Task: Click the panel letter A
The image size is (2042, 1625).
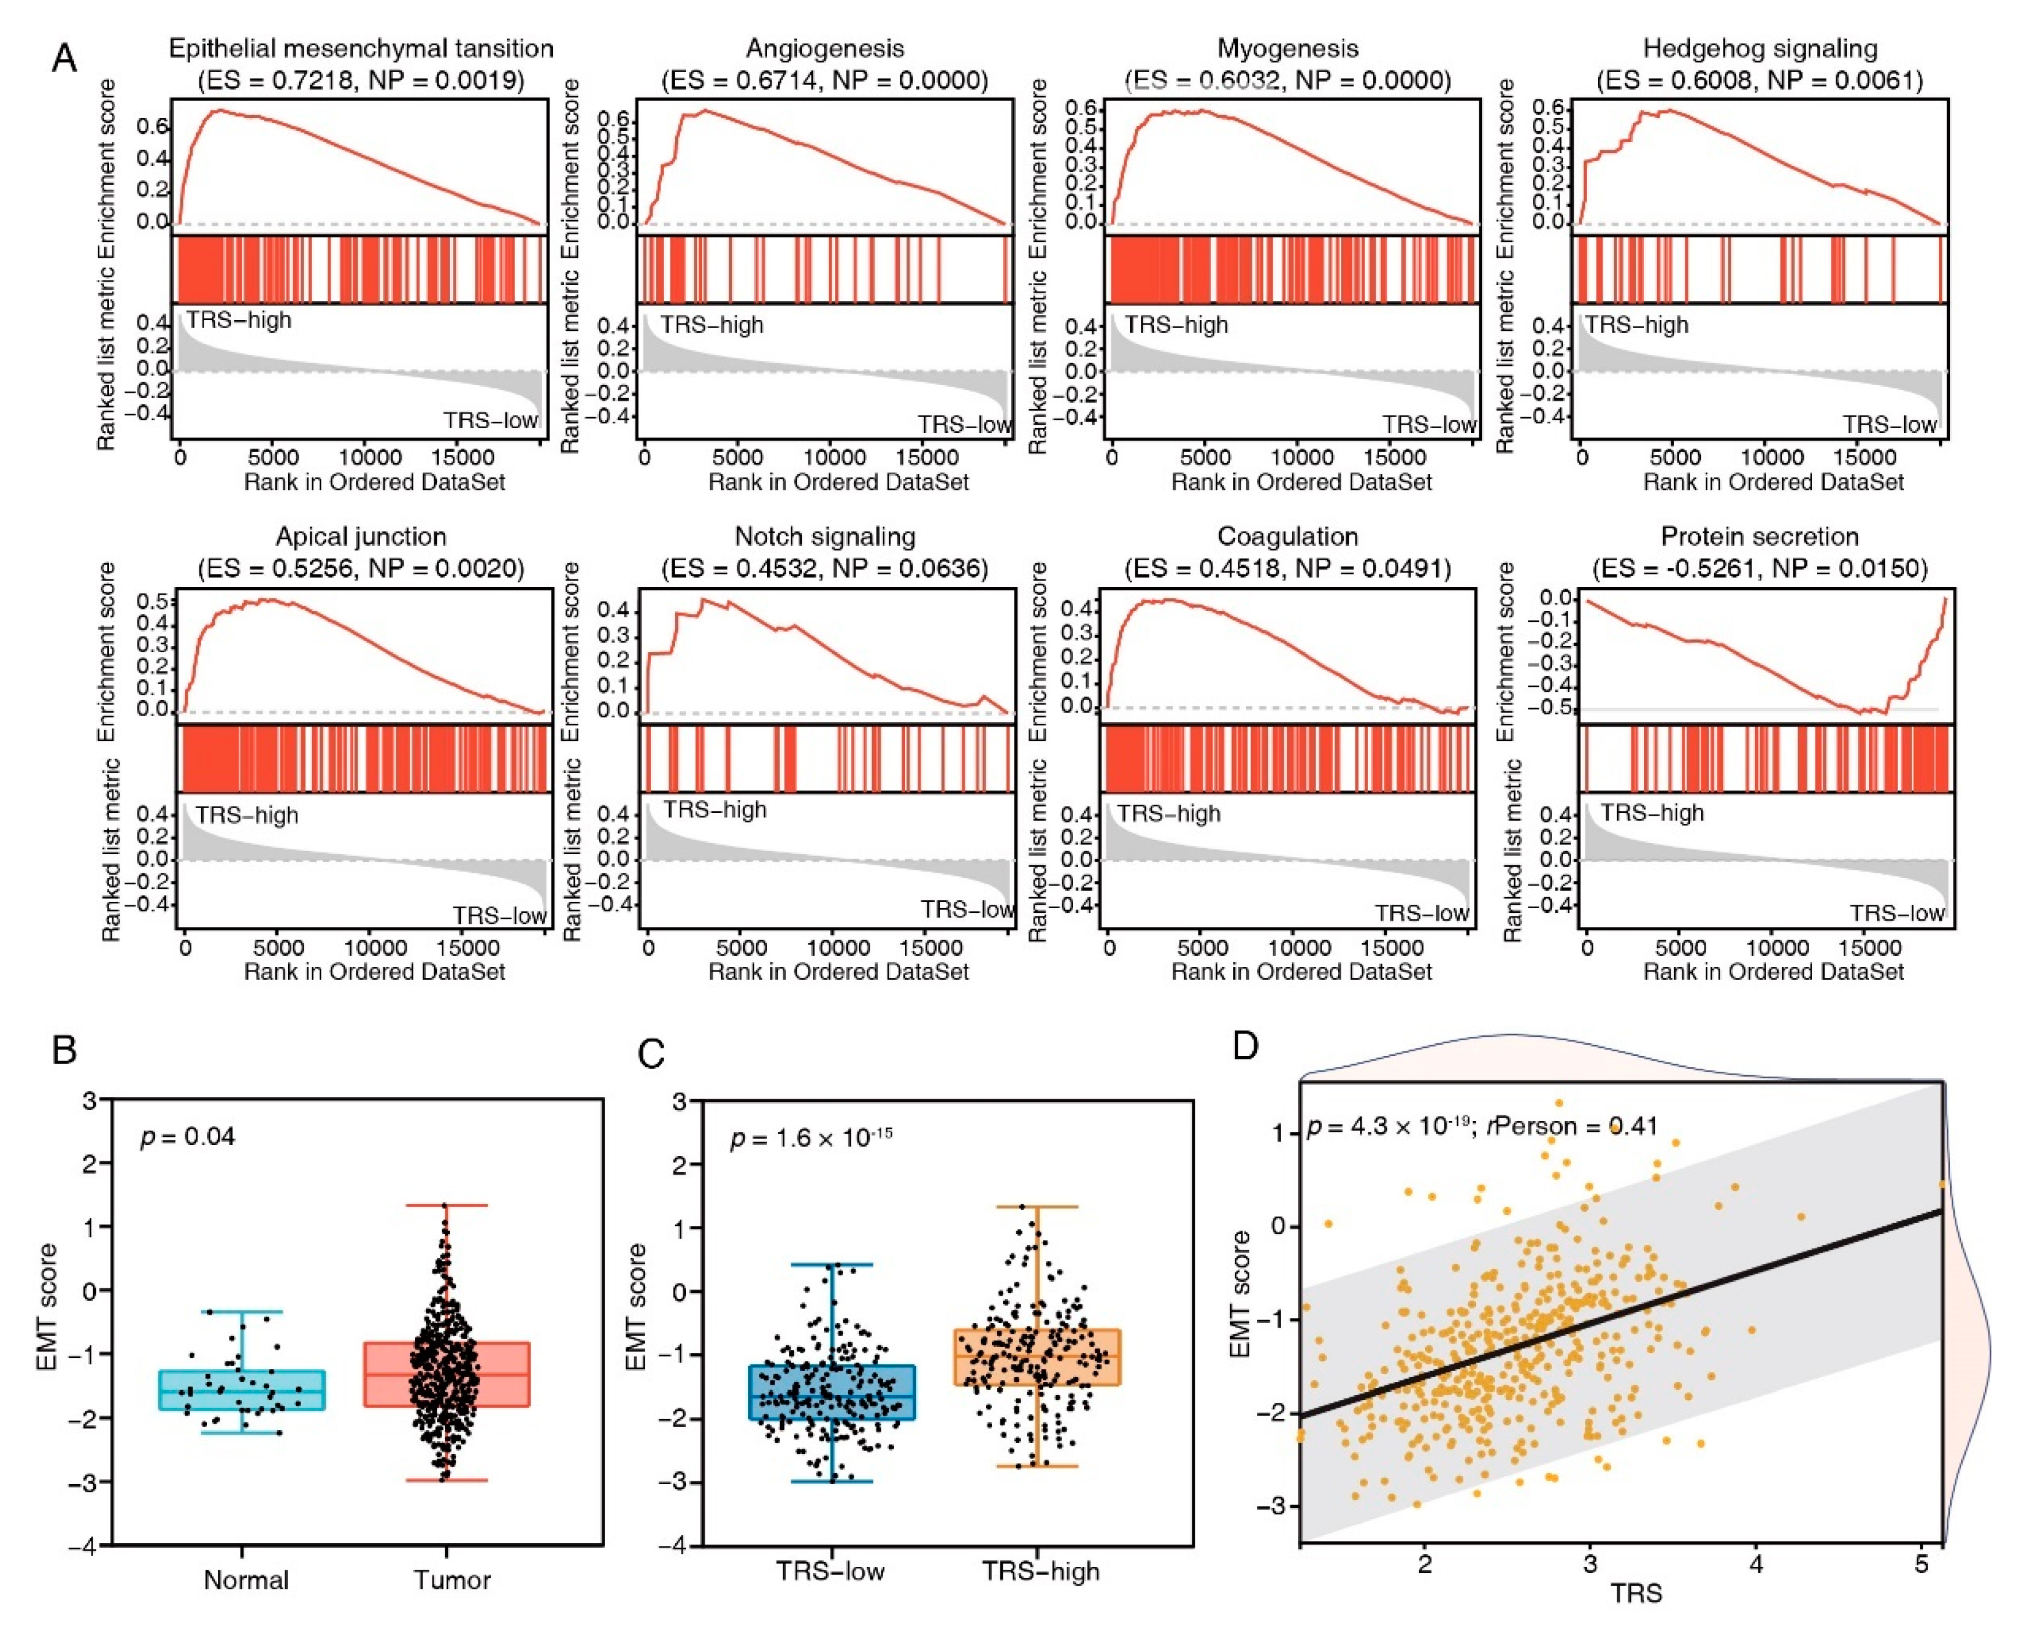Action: [x=65, y=59]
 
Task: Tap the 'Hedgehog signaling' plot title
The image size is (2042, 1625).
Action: [x=1760, y=48]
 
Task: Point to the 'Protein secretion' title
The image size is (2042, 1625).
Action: [x=1760, y=537]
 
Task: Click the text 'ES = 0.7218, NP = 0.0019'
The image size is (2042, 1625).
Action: [x=361, y=80]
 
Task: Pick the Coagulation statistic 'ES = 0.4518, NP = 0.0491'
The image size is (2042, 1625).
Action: [x=1287, y=568]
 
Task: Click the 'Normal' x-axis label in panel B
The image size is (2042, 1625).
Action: [x=246, y=1580]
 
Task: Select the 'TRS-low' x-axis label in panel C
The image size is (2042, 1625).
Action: [x=830, y=1571]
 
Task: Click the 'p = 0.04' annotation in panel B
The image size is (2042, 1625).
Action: [x=187, y=1136]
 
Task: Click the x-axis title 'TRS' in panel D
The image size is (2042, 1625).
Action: [x=1636, y=1594]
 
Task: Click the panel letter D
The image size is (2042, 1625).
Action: [x=1245, y=1047]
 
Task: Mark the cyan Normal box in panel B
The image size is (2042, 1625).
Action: [x=243, y=1390]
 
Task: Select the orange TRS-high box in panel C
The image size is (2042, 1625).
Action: [x=1037, y=1357]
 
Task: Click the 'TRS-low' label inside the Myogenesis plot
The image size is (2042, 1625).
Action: [x=1428, y=424]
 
